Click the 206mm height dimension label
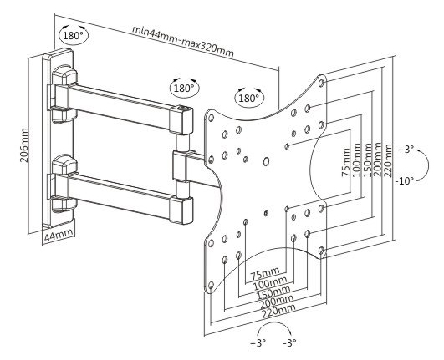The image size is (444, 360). (24, 145)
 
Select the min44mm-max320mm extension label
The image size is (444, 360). (183, 41)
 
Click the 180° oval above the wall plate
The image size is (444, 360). (74, 35)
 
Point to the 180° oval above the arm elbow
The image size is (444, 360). (184, 88)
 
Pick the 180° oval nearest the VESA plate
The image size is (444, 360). (249, 98)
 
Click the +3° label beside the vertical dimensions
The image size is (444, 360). (406, 150)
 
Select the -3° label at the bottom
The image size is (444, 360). (289, 342)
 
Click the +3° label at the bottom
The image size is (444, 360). (258, 343)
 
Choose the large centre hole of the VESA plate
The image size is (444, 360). (266, 161)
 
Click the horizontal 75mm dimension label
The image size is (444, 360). (265, 273)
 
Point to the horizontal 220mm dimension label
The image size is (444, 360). (279, 311)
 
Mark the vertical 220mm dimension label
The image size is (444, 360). (388, 160)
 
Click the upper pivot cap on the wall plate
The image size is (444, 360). (65, 75)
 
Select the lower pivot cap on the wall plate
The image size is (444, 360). (65, 165)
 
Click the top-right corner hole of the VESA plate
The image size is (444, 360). (321, 84)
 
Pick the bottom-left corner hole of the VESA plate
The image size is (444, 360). (211, 285)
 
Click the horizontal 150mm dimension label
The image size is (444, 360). (273, 292)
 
